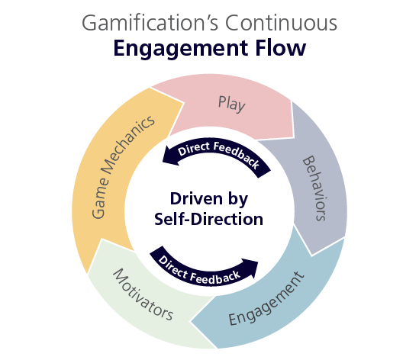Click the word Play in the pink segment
(x=232, y=104)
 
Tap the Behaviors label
(x=314, y=188)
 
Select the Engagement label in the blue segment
(x=266, y=298)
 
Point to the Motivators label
(x=143, y=294)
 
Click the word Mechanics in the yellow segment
(x=127, y=145)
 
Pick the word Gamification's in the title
(x=150, y=23)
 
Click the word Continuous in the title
(x=281, y=23)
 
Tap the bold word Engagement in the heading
(x=181, y=49)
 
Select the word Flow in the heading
(x=281, y=47)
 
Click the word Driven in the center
(x=196, y=199)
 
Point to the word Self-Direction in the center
(x=208, y=219)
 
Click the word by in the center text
(x=237, y=200)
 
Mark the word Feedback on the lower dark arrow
(x=215, y=278)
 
